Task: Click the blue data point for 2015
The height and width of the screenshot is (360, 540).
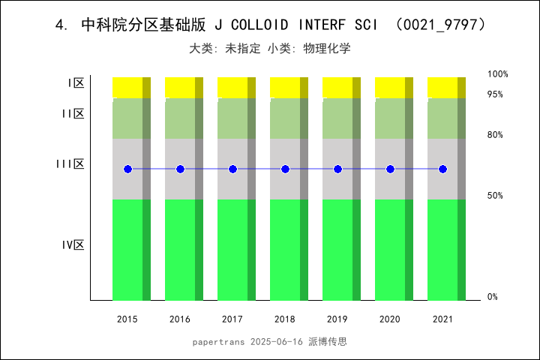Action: coord(127,169)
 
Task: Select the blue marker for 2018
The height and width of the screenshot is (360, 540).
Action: coord(285,169)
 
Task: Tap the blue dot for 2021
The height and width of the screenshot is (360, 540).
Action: coord(442,169)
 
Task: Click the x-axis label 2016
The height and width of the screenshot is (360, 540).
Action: coord(180,319)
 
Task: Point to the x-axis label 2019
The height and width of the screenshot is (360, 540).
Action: coord(337,319)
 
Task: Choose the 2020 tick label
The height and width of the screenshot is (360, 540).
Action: coord(390,319)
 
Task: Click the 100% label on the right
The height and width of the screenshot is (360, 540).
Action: coord(498,74)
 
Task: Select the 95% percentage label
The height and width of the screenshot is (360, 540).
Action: coord(495,94)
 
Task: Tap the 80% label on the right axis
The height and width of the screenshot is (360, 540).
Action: coord(495,135)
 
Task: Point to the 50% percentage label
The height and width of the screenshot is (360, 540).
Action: coord(495,196)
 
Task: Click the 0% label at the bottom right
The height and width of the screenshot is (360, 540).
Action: coord(493,297)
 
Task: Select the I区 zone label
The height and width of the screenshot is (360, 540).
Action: coord(76,83)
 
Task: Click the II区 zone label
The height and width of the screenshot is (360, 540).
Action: coord(73,114)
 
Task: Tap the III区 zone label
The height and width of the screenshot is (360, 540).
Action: coord(71,164)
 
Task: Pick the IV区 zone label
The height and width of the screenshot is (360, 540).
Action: coord(73,245)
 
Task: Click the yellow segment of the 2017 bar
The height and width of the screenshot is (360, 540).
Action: coord(232,87)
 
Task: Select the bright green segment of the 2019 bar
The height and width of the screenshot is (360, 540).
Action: coord(337,250)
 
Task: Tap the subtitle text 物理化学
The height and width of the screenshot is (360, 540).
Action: coord(327,49)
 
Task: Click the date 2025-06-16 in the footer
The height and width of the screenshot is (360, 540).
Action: coord(277,341)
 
